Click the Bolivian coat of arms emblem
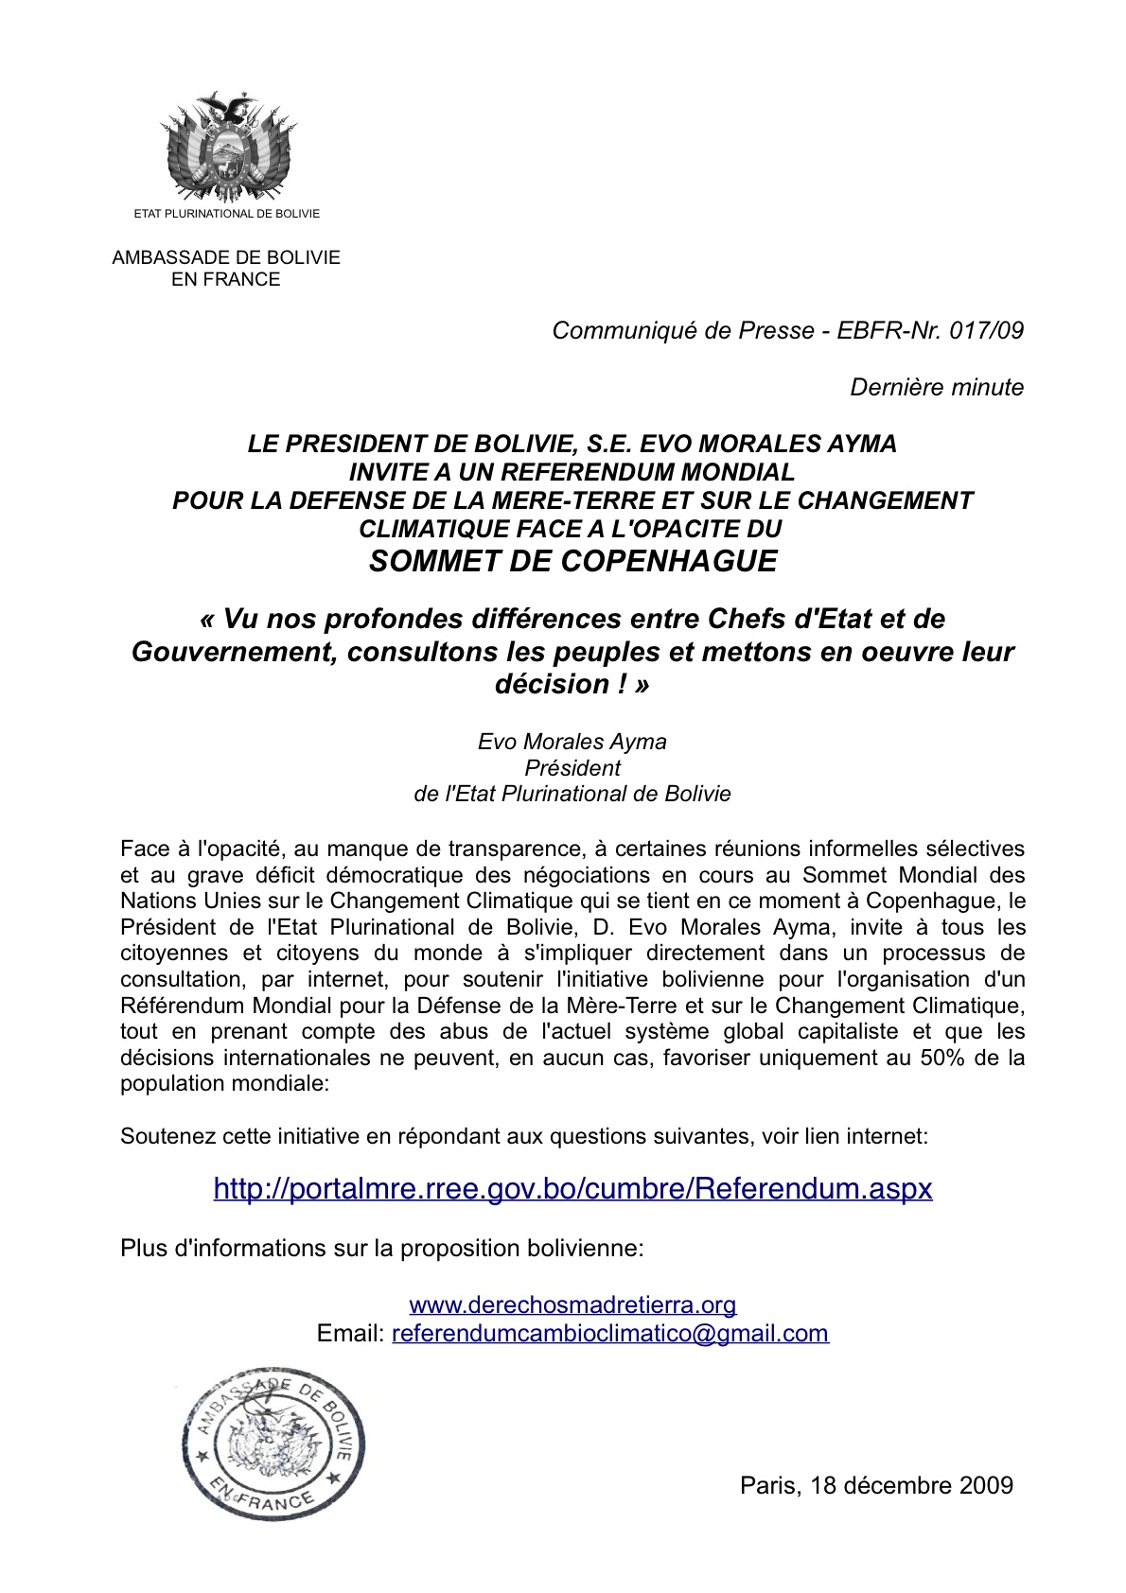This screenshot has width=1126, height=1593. pyautogui.click(x=227, y=147)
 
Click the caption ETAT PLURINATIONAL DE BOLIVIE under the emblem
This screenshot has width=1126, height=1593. pyautogui.click(x=227, y=214)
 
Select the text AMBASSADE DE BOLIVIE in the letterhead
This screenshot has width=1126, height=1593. pyautogui.click(x=226, y=257)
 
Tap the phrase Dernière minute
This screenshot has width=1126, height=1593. pyautogui.click(x=937, y=387)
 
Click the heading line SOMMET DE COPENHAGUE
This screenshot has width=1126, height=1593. pyautogui.click(x=572, y=561)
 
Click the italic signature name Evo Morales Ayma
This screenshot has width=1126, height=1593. pyautogui.click(x=572, y=742)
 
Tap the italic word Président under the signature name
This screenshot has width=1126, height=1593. pyautogui.click(x=572, y=768)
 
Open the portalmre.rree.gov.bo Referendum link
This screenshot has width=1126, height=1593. pyautogui.click(x=572, y=1188)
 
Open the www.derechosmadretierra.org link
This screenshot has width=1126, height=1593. pyautogui.click(x=572, y=1305)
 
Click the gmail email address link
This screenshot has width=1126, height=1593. pyautogui.click(x=610, y=1334)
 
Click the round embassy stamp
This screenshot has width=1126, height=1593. pyautogui.click(x=273, y=1442)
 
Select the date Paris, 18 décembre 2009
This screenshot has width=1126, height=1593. pyautogui.click(x=876, y=1485)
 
